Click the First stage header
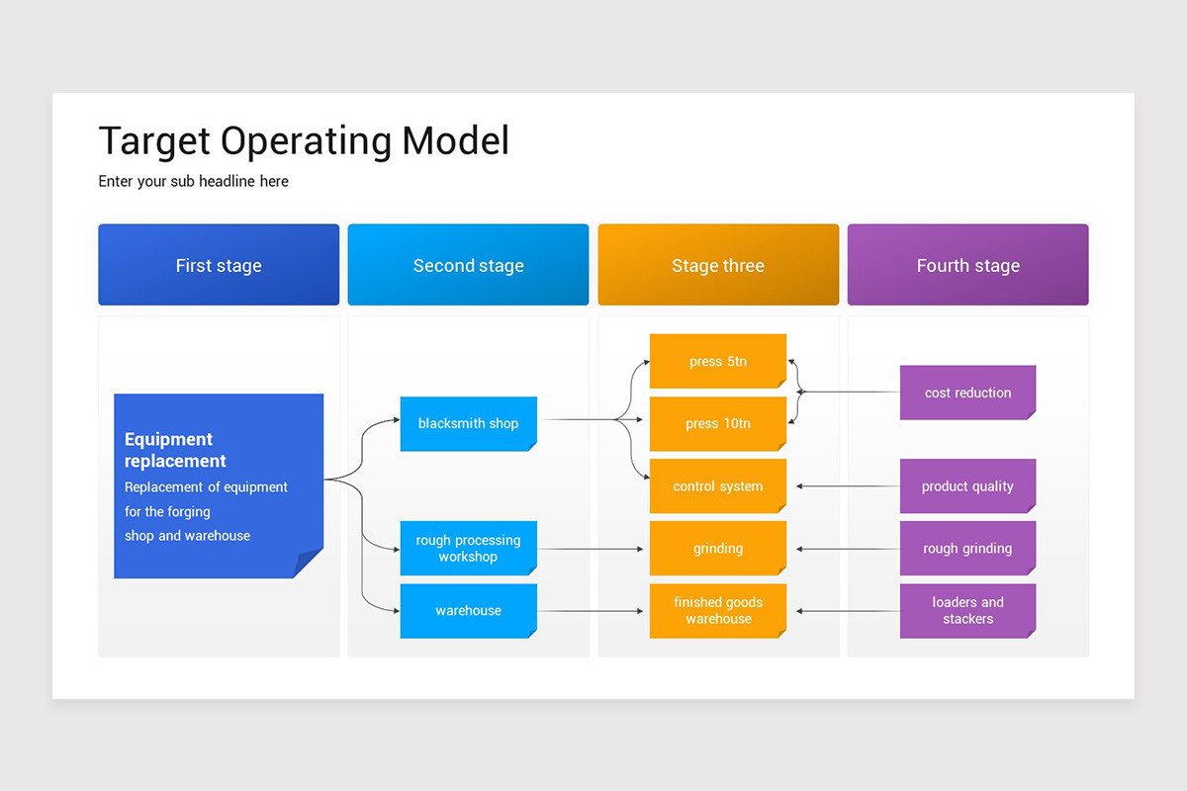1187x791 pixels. coord(219,265)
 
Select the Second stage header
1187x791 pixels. coord(468,265)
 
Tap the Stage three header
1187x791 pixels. coord(718,265)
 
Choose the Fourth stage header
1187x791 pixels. coord(967,265)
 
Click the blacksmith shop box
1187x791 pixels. coord(468,423)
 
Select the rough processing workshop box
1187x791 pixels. coord(468,548)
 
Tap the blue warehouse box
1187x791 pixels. coord(468,610)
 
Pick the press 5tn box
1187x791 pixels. coord(717,361)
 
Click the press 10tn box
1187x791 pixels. coord(717,423)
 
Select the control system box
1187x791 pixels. coord(717,485)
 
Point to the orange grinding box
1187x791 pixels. coord(717,548)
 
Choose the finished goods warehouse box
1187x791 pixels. coord(717,610)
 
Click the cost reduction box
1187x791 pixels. coord(967,393)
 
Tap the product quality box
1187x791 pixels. coord(967,485)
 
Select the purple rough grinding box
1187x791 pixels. coord(967,548)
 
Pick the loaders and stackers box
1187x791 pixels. coord(967,610)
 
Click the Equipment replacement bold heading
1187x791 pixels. coord(175,450)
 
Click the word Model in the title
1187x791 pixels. coord(455,141)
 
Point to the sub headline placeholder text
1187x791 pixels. coord(193,181)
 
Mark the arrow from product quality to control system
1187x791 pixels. coord(847,485)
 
